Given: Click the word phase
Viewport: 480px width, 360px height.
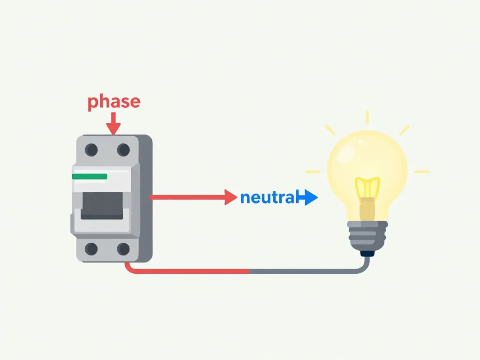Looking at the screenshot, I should pyautogui.click(x=114, y=102).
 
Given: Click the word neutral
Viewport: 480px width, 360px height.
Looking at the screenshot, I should pyautogui.click(x=268, y=198).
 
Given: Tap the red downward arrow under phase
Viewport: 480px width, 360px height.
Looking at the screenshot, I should pyautogui.click(x=113, y=125).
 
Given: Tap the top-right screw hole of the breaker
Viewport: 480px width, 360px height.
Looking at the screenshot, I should pyautogui.click(x=123, y=150).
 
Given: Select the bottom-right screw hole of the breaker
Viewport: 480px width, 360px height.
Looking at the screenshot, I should pyautogui.click(x=123, y=249).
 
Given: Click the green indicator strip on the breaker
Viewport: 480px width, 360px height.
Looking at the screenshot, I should pyautogui.click(x=90, y=177).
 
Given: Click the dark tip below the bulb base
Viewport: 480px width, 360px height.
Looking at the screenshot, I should pyautogui.click(x=368, y=253).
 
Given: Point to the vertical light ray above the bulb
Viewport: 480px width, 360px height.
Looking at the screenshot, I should pyautogui.click(x=367, y=117).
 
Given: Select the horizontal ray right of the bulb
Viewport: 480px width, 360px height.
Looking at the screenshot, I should pyautogui.click(x=421, y=172).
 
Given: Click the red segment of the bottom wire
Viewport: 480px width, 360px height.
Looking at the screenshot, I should pyautogui.click(x=187, y=271).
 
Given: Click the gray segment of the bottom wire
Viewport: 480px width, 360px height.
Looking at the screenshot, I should pyautogui.click(x=305, y=271).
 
